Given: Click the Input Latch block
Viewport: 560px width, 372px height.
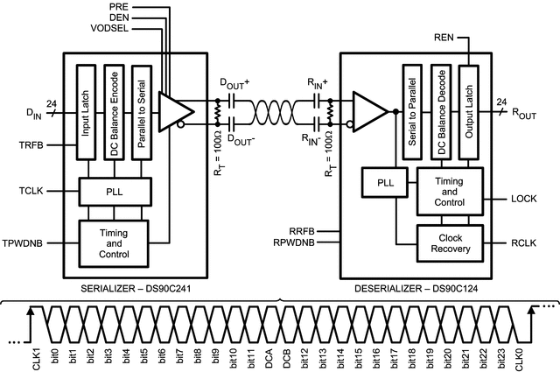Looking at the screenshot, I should [x=85, y=111].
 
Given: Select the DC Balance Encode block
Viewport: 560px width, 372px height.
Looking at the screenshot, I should [x=113, y=111].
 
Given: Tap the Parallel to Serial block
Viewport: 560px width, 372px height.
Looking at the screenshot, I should [x=141, y=111].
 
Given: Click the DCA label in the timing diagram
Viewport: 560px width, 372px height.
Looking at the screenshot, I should [x=268, y=355].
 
